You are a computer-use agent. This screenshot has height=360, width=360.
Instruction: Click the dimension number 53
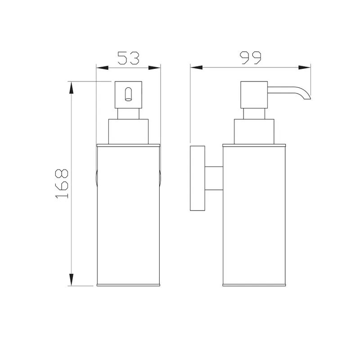point(128,58)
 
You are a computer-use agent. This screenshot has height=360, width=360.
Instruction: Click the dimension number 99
point(251,58)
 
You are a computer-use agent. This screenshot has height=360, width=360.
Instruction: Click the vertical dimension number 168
point(62,184)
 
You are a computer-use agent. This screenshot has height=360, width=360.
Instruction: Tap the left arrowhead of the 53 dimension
point(102,68)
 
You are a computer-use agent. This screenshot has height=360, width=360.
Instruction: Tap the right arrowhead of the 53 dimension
point(154,68)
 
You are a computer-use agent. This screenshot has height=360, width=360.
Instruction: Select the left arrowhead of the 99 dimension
point(196,67)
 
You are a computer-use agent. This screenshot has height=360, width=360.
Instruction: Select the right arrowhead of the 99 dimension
point(305,67)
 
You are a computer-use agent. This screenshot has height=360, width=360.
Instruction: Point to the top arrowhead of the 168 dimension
point(72,88)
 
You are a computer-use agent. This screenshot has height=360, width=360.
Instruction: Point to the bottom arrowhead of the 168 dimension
point(72,279)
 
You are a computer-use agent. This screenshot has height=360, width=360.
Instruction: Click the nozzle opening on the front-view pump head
point(128,94)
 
